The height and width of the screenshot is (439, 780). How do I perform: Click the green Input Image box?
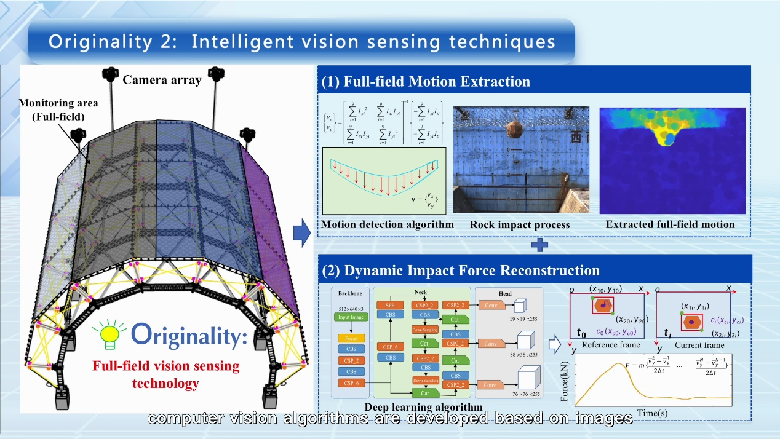(351, 317)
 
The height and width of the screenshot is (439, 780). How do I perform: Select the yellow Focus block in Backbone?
(351, 338)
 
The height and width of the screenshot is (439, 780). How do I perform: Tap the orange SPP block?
(391, 304)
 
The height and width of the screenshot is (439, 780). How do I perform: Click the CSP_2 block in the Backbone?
(351, 360)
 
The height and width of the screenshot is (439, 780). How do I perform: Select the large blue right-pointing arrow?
(301, 234)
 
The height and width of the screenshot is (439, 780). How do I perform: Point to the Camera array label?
(162, 79)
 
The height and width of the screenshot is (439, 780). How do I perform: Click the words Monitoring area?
(57, 103)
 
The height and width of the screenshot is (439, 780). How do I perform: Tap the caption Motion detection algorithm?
(388, 224)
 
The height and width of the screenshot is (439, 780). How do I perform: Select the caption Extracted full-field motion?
(670, 224)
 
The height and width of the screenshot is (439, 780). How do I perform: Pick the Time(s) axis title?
(652, 413)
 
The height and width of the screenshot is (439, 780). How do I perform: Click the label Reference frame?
(610, 345)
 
